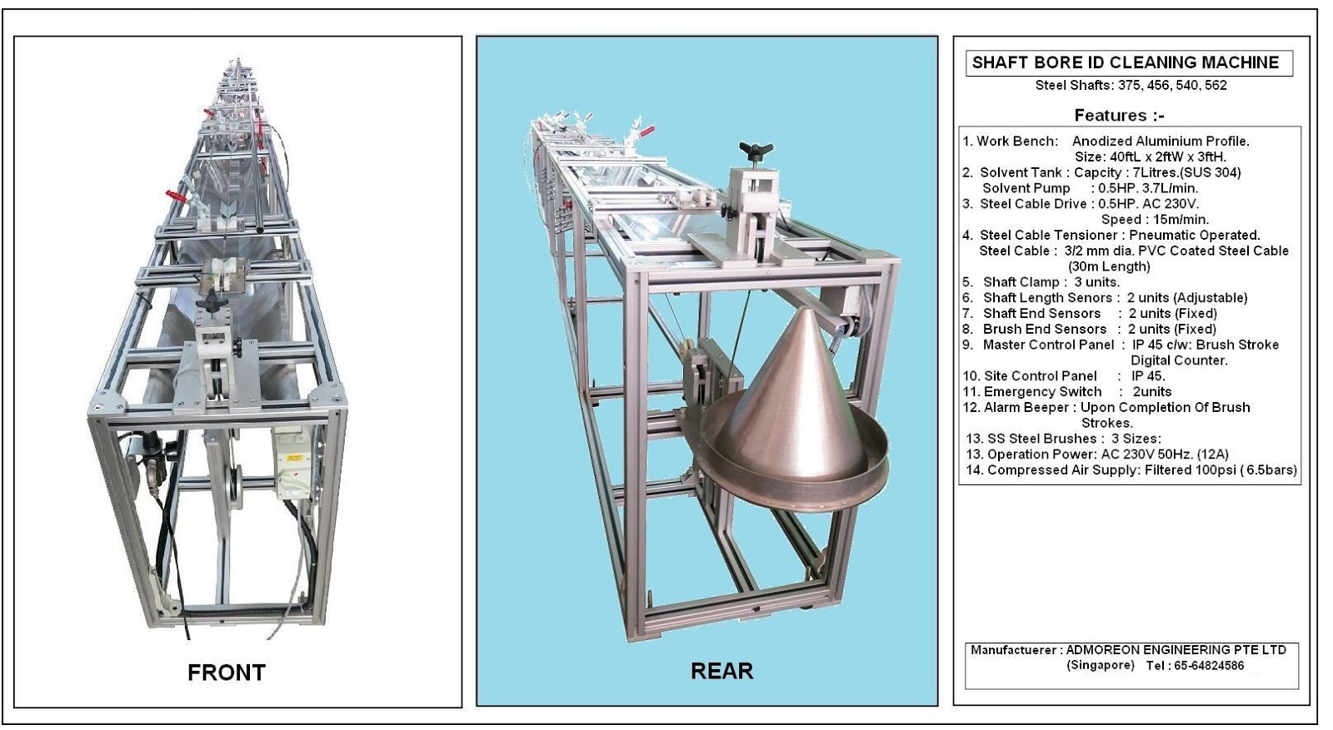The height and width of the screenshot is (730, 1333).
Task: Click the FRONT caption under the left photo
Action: [x=226, y=672]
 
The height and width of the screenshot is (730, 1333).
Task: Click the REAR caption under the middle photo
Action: [x=721, y=670]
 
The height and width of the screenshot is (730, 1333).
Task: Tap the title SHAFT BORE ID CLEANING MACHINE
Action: [x=1125, y=62]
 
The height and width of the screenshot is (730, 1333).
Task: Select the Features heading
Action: [x=1119, y=115]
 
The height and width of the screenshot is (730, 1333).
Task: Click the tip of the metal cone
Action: [x=806, y=310]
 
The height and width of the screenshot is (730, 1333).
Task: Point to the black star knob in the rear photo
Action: [x=756, y=151]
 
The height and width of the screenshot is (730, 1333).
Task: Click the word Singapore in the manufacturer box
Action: [x=1100, y=665]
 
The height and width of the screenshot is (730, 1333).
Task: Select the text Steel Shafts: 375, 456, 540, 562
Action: [x=1131, y=85]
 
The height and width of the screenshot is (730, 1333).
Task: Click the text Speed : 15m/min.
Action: [x=1154, y=219]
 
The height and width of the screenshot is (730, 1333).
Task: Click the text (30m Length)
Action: [x=1108, y=266]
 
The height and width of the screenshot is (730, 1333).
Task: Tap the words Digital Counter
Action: [x=1178, y=360]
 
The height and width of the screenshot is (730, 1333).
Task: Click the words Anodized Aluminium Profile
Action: [x=1160, y=141]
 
